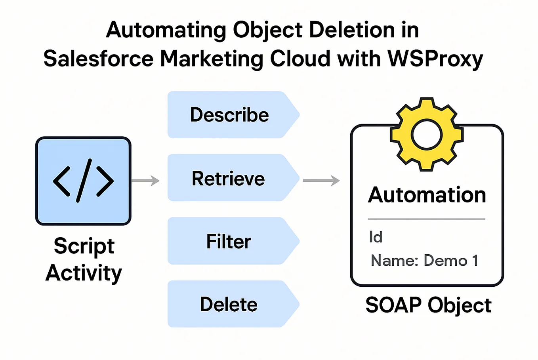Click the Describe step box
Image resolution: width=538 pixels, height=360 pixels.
click(x=230, y=115)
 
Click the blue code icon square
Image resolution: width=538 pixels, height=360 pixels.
click(x=83, y=181)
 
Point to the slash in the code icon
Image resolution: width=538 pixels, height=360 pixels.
click(x=84, y=181)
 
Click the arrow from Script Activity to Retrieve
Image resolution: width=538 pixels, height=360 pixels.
click(x=145, y=181)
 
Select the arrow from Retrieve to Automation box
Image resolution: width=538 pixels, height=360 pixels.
click(x=321, y=181)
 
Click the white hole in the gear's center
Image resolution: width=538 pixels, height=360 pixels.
click(x=426, y=134)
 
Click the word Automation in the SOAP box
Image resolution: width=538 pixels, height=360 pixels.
click(x=427, y=195)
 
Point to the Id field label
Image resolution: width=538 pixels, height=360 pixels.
click(x=376, y=237)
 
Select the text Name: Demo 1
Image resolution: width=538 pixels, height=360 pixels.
click(x=424, y=261)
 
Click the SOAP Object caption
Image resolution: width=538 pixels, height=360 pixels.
click(x=428, y=305)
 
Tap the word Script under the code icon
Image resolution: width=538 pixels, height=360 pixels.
click(x=84, y=246)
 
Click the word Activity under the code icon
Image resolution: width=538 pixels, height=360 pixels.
click(x=84, y=273)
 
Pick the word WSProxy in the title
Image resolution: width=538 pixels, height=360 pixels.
click(x=435, y=59)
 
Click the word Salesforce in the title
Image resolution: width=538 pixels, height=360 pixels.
click(x=98, y=59)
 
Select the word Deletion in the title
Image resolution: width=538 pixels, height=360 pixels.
click(x=347, y=30)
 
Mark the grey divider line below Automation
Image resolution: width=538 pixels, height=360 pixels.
click(x=426, y=219)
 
